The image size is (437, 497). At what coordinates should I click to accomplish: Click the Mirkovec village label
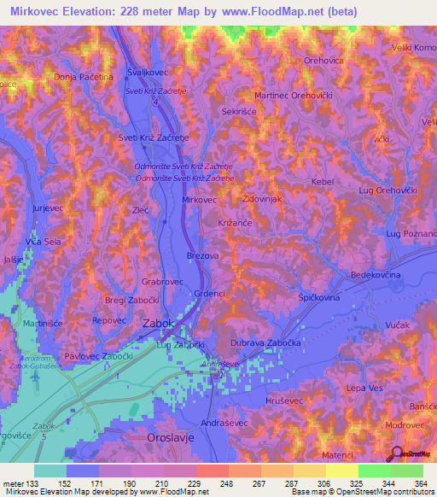pyautogui.click(x=201, y=199)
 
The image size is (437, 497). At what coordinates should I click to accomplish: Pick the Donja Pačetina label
pyautogui.click(x=84, y=77)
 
